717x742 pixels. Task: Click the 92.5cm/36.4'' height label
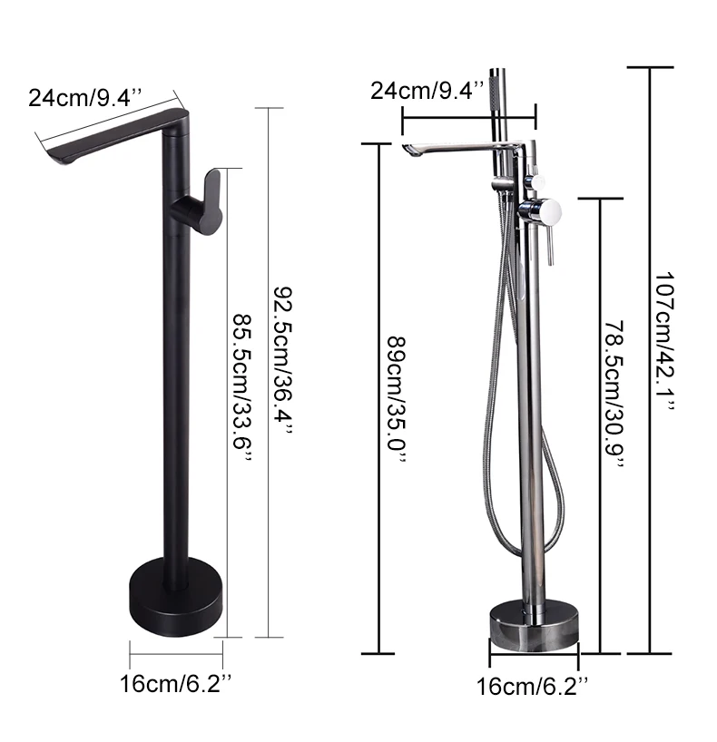tap(283, 359)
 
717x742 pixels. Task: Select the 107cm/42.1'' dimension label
tap(664, 341)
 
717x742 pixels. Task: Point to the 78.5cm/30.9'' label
tap(614, 395)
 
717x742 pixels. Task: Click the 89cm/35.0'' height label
tap(397, 400)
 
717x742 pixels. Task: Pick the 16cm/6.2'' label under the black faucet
tap(176, 683)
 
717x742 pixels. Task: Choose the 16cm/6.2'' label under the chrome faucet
tap(532, 686)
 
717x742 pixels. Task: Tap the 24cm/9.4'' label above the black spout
tap(85, 98)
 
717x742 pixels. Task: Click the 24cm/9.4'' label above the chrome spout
tap(427, 90)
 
